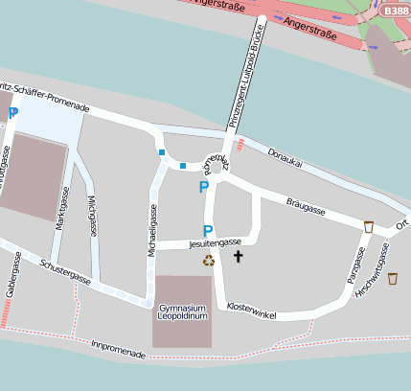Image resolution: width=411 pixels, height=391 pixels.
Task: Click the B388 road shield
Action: point(395,9)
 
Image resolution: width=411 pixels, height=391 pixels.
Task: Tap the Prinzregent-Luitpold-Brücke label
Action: point(246,72)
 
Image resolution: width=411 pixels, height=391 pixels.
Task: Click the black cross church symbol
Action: point(239,257)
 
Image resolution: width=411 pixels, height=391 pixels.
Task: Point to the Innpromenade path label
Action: point(118,349)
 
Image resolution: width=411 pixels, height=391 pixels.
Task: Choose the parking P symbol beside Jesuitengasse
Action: point(207,231)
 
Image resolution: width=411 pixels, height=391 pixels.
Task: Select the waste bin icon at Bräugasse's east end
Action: point(369,227)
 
